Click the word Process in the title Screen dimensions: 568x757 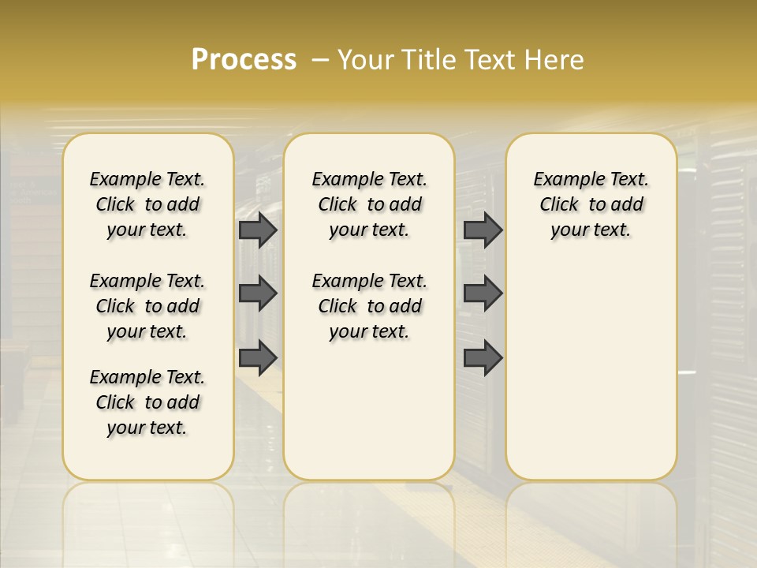click(x=244, y=59)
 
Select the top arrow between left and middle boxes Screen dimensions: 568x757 click(x=258, y=230)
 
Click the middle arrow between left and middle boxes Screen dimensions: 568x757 click(x=258, y=293)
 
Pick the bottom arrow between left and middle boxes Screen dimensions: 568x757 click(x=258, y=357)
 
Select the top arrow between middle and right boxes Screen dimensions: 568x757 click(x=483, y=230)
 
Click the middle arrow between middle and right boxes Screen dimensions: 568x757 click(x=483, y=293)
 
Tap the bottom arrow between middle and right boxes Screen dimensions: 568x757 click(x=483, y=357)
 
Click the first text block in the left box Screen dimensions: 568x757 click(x=147, y=204)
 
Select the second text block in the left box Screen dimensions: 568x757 click(x=147, y=306)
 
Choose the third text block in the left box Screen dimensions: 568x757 click(x=147, y=402)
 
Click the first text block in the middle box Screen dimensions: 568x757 click(x=369, y=204)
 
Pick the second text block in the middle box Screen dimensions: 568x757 click(x=369, y=306)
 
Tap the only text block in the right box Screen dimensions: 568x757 click(x=591, y=204)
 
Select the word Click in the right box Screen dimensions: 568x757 click(x=559, y=204)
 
